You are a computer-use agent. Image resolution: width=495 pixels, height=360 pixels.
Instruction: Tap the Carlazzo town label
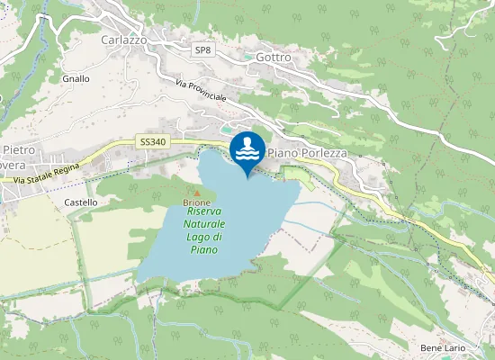tap(123, 40)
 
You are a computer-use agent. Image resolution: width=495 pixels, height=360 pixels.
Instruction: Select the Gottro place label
tap(274, 57)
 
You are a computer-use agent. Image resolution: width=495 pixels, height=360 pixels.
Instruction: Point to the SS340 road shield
tap(153, 142)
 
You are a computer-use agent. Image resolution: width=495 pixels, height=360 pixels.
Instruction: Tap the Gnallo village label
tap(76, 79)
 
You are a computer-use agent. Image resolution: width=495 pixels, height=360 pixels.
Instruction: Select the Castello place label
tap(81, 203)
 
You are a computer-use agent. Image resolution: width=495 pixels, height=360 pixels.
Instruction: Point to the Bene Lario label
tap(441, 347)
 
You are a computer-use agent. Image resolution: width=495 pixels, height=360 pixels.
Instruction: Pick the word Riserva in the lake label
tap(205, 212)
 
